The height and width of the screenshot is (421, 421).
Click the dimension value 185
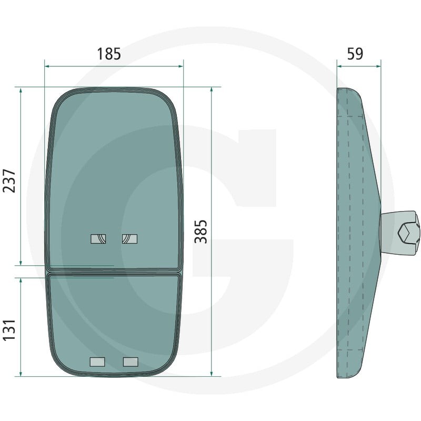coord(109,54)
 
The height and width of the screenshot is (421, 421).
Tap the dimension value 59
coord(355,54)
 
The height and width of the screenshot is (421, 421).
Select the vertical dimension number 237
coord(9,181)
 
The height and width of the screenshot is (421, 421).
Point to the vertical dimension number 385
coord(201,232)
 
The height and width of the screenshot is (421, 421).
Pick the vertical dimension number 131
coord(9,330)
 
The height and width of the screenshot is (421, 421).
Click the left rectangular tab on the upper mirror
coord(98,239)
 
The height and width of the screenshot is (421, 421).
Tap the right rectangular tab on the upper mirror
coord(129,239)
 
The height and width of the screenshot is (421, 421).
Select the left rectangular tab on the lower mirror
coord(97,362)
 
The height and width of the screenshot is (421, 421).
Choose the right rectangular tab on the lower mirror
coord(131,362)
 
